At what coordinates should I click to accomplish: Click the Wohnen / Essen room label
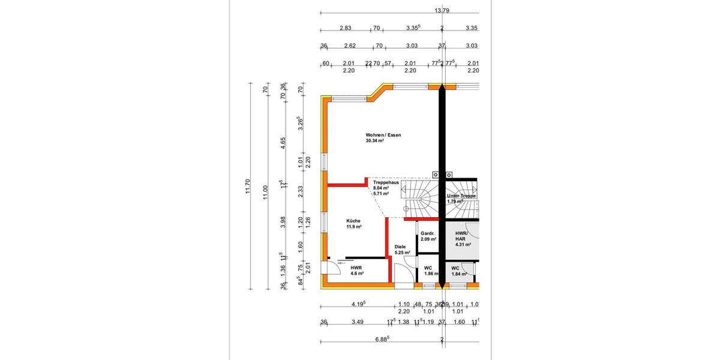tap(383, 135)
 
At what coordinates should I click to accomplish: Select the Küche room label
tap(354, 220)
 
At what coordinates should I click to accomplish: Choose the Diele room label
tap(400, 247)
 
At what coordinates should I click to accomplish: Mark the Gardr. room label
tap(427, 233)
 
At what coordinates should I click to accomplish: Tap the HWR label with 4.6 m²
tap(356, 268)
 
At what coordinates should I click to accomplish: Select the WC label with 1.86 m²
tap(428, 268)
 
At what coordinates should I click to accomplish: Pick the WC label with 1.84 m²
tap(455, 268)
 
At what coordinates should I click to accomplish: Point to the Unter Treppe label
tap(461, 196)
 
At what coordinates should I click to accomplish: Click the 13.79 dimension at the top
tap(441, 10)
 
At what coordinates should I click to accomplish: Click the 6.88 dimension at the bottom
tap(382, 339)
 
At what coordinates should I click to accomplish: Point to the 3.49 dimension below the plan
tap(357, 322)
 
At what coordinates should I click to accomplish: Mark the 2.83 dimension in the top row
tap(345, 28)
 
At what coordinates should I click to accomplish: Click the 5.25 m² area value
tap(402, 253)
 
